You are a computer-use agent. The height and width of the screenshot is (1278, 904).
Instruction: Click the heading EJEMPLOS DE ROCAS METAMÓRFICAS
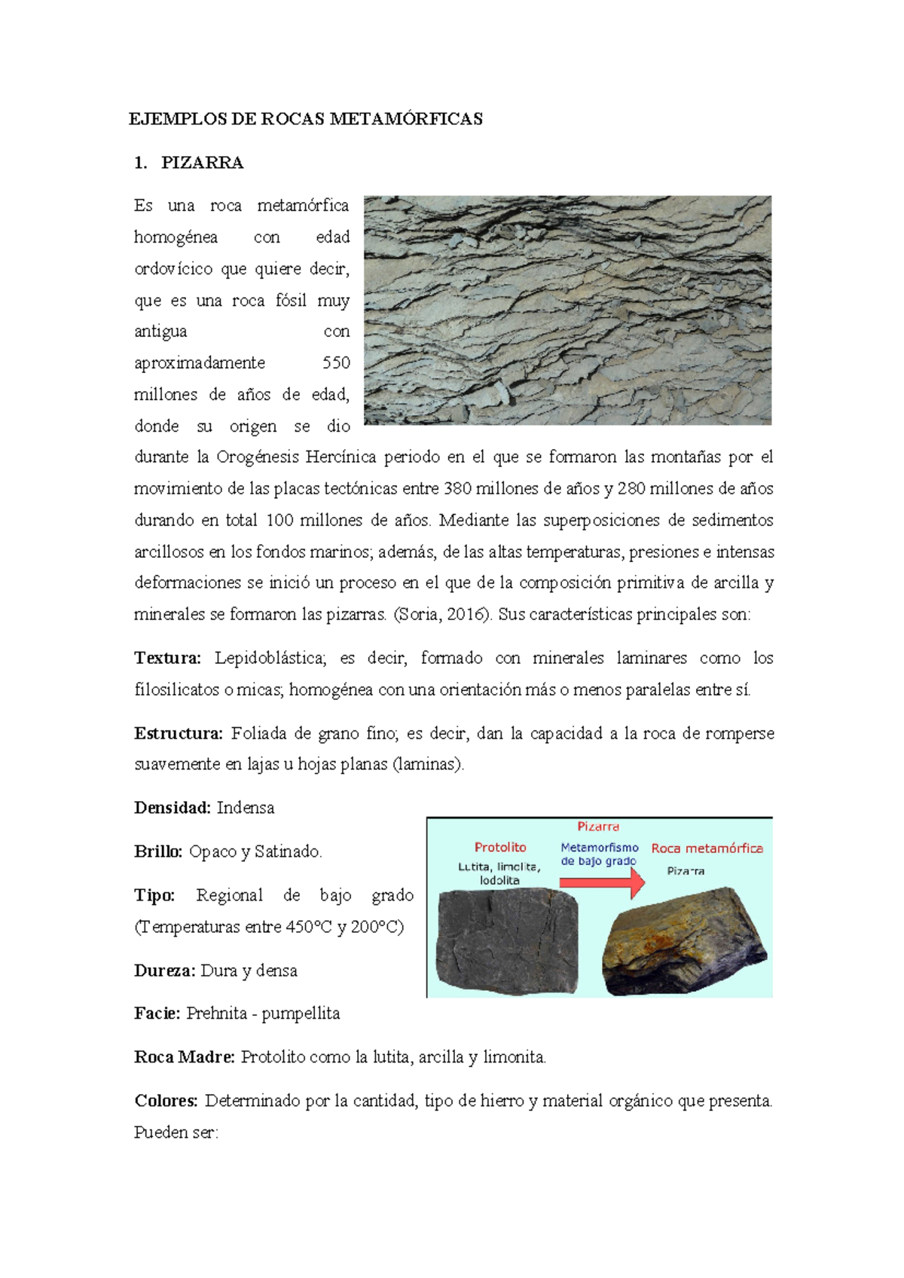point(305,119)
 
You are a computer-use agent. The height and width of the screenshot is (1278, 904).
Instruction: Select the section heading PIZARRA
point(202,163)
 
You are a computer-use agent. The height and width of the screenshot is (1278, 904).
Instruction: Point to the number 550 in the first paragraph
point(336,363)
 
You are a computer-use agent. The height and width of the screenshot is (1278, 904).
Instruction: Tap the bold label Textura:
point(167,659)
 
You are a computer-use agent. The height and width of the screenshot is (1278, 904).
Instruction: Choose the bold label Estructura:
point(178,734)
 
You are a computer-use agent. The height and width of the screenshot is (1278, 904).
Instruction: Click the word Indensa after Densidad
point(246,809)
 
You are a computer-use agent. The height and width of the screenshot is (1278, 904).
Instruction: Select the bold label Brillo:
point(158,852)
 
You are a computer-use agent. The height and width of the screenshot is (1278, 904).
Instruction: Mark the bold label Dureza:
point(165,971)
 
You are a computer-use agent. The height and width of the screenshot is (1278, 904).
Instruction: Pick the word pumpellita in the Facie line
point(301,1014)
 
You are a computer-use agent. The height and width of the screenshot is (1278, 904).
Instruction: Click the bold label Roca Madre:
point(185,1058)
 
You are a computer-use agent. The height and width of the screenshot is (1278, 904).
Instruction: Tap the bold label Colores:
point(166,1102)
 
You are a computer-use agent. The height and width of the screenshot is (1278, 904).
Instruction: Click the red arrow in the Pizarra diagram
point(603,882)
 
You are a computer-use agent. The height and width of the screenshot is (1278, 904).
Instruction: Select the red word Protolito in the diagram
point(500,848)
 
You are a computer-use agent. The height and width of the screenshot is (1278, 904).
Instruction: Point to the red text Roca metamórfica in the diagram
point(707,848)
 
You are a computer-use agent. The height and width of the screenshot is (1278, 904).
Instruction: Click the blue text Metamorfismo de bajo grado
point(599,855)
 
